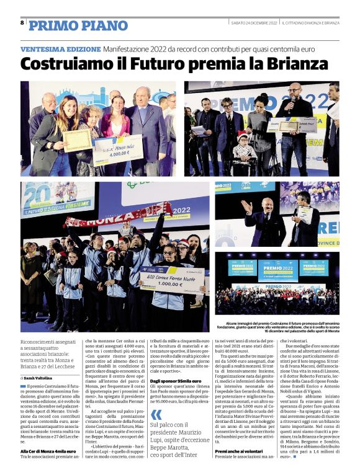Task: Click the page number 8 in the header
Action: point(22,23)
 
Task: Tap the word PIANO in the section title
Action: point(101,25)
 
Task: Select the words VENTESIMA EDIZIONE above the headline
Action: point(60,48)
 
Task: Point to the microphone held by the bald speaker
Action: point(290,100)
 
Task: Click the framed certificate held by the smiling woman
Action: point(78,140)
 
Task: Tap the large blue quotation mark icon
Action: point(156,397)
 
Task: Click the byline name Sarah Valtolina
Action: point(39,377)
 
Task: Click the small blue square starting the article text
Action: point(23,386)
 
